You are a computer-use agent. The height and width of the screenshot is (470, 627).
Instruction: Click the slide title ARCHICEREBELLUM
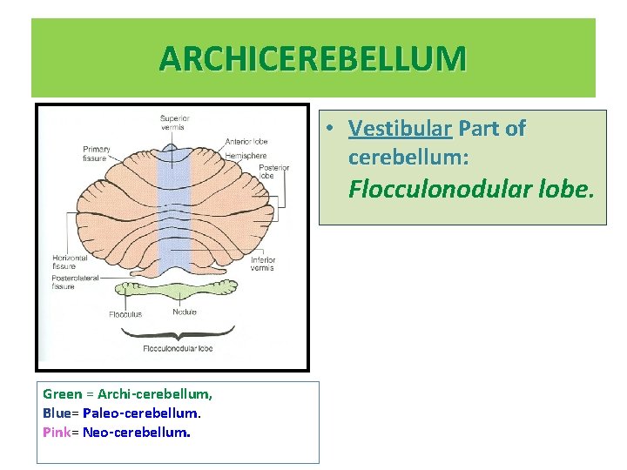313,58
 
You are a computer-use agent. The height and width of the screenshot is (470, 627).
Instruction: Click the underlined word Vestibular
400,129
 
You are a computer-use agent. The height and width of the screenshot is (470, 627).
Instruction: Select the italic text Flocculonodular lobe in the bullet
471,189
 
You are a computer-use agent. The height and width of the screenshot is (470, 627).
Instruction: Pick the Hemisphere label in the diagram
246,154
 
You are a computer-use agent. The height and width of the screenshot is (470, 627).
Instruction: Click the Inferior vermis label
262,264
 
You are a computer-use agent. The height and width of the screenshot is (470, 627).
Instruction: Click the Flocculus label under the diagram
125,314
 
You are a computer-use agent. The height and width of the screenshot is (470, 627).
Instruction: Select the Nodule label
184,312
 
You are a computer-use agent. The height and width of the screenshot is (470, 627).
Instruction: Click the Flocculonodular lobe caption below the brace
178,348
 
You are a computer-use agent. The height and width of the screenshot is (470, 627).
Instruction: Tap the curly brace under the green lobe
178,331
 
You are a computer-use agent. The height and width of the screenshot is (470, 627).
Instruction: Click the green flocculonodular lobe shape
178,291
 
